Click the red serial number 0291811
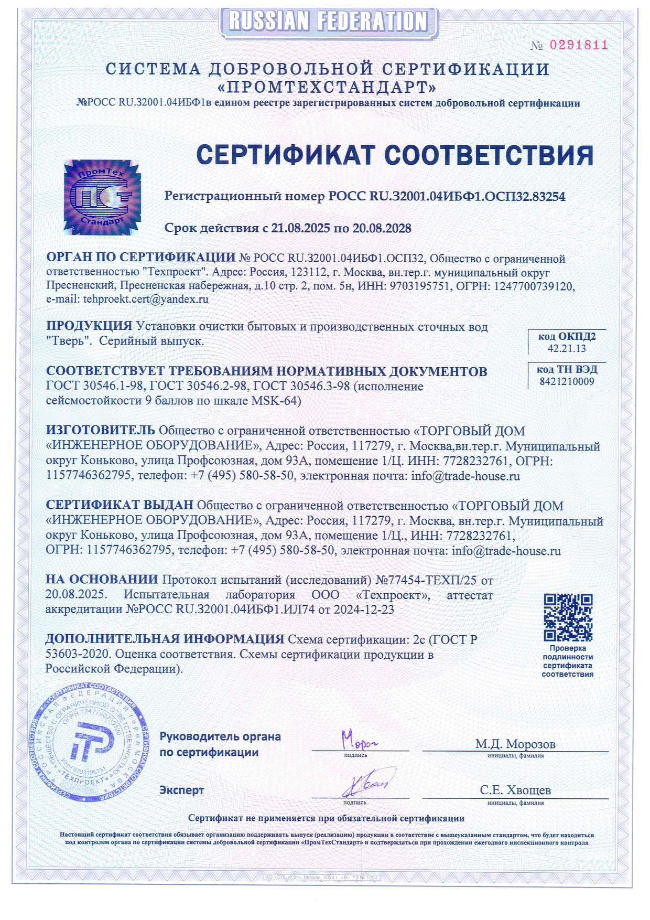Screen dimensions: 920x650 (578, 45)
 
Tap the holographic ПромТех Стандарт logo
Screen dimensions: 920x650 (103, 196)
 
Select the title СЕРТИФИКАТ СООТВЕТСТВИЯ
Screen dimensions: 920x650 (394, 155)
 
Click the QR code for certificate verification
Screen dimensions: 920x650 (568, 617)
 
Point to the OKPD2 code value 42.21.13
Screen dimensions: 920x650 (567, 348)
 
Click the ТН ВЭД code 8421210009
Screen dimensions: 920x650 (567, 381)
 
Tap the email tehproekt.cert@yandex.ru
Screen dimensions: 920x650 (145, 299)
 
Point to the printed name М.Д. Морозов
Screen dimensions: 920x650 (515, 744)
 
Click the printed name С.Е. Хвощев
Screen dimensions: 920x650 (515, 790)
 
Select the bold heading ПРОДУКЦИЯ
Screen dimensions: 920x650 (89, 326)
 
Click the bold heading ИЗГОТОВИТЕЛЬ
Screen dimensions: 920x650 (100, 430)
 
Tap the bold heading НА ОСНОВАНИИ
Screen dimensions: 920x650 (102, 580)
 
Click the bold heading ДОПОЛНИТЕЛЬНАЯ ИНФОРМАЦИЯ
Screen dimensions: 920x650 (164, 639)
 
